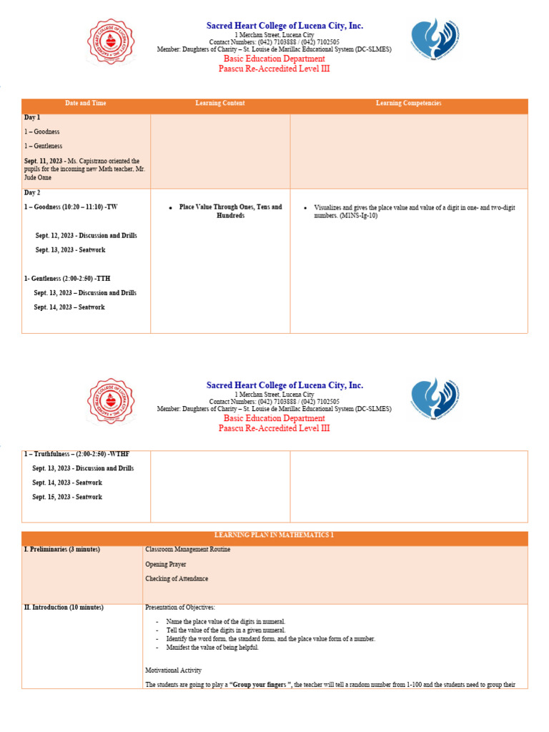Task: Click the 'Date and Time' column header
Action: point(86,104)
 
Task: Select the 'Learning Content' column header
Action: point(220,104)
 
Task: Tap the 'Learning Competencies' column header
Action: point(409,104)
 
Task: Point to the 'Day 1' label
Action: point(32,117)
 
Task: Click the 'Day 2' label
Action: point(32,193)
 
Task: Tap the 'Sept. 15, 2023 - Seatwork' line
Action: point(67,497)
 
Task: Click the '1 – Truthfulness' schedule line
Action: point(76,454)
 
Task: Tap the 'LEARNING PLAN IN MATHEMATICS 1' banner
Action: point(274,535)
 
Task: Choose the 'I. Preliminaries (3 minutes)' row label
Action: point(62,550)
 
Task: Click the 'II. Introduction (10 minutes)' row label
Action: point(64,608)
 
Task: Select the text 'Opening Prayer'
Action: point(166,565)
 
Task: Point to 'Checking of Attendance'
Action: point(177,579)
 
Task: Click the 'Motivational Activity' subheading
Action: point(173,671)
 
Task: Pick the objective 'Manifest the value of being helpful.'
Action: point(212,648)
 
